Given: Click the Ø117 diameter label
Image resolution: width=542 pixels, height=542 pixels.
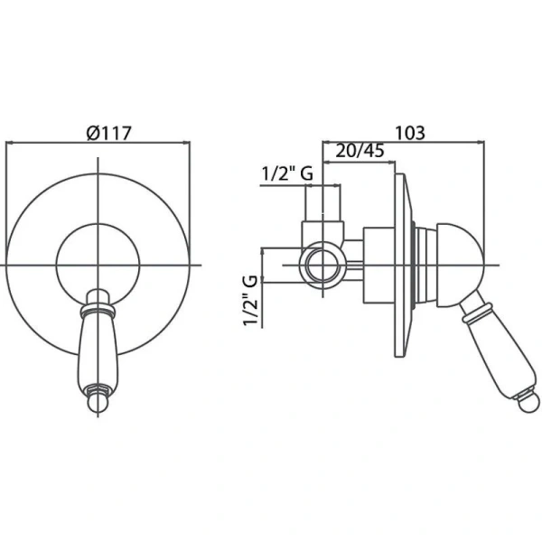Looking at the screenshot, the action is [x=109, y=133].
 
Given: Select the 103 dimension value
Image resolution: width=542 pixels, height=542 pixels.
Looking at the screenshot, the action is [x=409, y=133].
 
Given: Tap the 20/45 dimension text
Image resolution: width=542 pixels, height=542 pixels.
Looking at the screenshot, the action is [x=360, y=151].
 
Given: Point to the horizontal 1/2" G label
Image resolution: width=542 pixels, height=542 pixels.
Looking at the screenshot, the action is [x=287, y=173].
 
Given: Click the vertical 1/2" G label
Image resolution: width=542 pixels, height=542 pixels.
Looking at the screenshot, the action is [x=251, y=301].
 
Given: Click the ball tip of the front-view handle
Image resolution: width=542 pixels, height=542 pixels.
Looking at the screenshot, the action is [x=98, y=403].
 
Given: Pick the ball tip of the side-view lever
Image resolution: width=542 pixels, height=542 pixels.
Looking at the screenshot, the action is [x=528, y=402].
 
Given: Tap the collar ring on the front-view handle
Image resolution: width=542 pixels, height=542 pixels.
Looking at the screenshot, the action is [x=98, y=310].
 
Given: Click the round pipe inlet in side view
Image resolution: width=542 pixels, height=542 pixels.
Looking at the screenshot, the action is [x=322, y=266].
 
